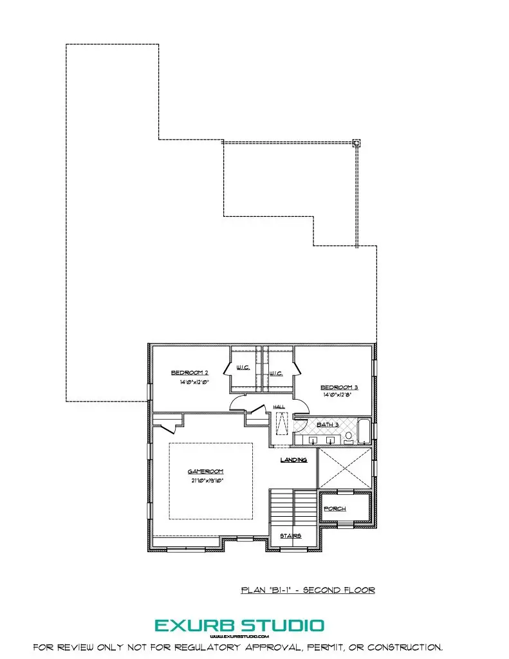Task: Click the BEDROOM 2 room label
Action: coord(189,373)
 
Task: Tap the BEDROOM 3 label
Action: coord(339,387)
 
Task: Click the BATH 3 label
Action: coord(327,425)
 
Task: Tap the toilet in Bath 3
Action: coord(349,438)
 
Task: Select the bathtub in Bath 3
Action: coord(365,431)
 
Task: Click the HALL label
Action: coord(279,407)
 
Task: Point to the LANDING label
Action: coord(293,460)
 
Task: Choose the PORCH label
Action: coord(335,508)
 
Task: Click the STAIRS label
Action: coord(290,535)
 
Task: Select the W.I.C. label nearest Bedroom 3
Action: coord(276,373)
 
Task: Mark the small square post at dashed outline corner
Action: coord(357,144)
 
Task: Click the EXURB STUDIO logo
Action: coord(239,625)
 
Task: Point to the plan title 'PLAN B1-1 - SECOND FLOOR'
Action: coord(308,589)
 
